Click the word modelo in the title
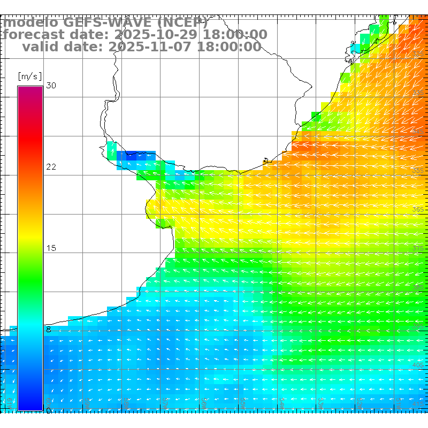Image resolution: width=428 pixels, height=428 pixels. pos(30,23)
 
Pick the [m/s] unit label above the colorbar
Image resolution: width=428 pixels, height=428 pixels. pos(29,76)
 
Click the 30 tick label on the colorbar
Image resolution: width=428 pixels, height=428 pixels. pos(51,86)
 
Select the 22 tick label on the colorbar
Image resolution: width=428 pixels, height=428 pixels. pos(51,167)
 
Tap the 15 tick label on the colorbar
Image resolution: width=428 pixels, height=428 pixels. pos(51,248)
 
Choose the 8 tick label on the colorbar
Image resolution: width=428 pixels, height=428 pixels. pos(49,330)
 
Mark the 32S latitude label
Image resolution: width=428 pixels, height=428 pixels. pos(418,53)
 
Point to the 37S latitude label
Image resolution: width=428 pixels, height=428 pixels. pos(418,249)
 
